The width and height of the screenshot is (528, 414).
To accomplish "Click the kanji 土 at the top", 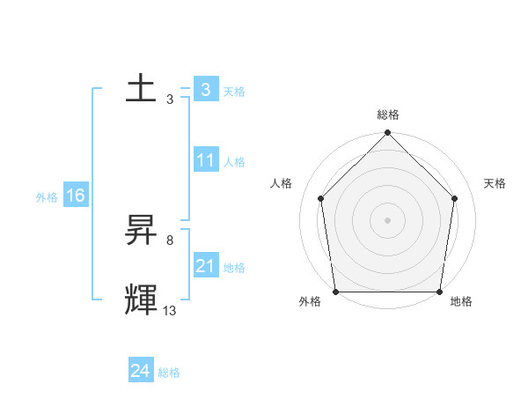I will coord(141,89).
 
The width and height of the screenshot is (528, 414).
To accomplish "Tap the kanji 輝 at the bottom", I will coord(141,299).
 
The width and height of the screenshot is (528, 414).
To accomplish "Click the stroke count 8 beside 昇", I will coord(169,240).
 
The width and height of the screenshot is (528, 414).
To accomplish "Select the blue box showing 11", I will coord(205,160).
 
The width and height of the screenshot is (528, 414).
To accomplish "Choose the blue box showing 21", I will coord(205,266).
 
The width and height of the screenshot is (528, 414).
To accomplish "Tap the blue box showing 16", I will coord(75,196).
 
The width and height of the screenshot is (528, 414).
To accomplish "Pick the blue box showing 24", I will coord(140,371).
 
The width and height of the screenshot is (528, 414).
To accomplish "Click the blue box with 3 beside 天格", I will coord(205,90).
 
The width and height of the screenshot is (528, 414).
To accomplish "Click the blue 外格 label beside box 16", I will coord(47,197).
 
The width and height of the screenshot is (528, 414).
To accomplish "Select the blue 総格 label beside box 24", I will coord(169,373).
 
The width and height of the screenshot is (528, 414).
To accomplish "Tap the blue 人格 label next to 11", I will coord(234,162).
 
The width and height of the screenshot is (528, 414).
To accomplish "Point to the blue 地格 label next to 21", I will coord(234,268).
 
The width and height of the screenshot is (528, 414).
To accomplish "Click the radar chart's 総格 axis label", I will coord(388,115).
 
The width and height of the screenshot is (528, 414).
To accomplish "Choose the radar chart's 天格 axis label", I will coord(495,183).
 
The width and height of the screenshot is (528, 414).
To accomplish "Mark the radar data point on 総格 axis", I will coord(388,134).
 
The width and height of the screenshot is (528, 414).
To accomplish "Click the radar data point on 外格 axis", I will coord(335,292).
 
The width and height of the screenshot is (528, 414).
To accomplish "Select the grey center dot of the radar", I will coord(388,219).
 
